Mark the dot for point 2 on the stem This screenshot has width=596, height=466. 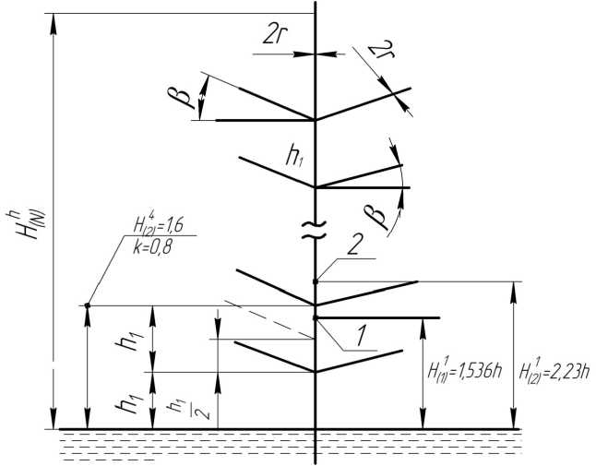[316, 281]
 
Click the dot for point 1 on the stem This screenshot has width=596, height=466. [316, 317]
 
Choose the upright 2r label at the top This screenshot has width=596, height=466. [273, 34]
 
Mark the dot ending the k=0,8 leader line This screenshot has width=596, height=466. [88, 305]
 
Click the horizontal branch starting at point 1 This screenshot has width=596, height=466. [378, 317]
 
